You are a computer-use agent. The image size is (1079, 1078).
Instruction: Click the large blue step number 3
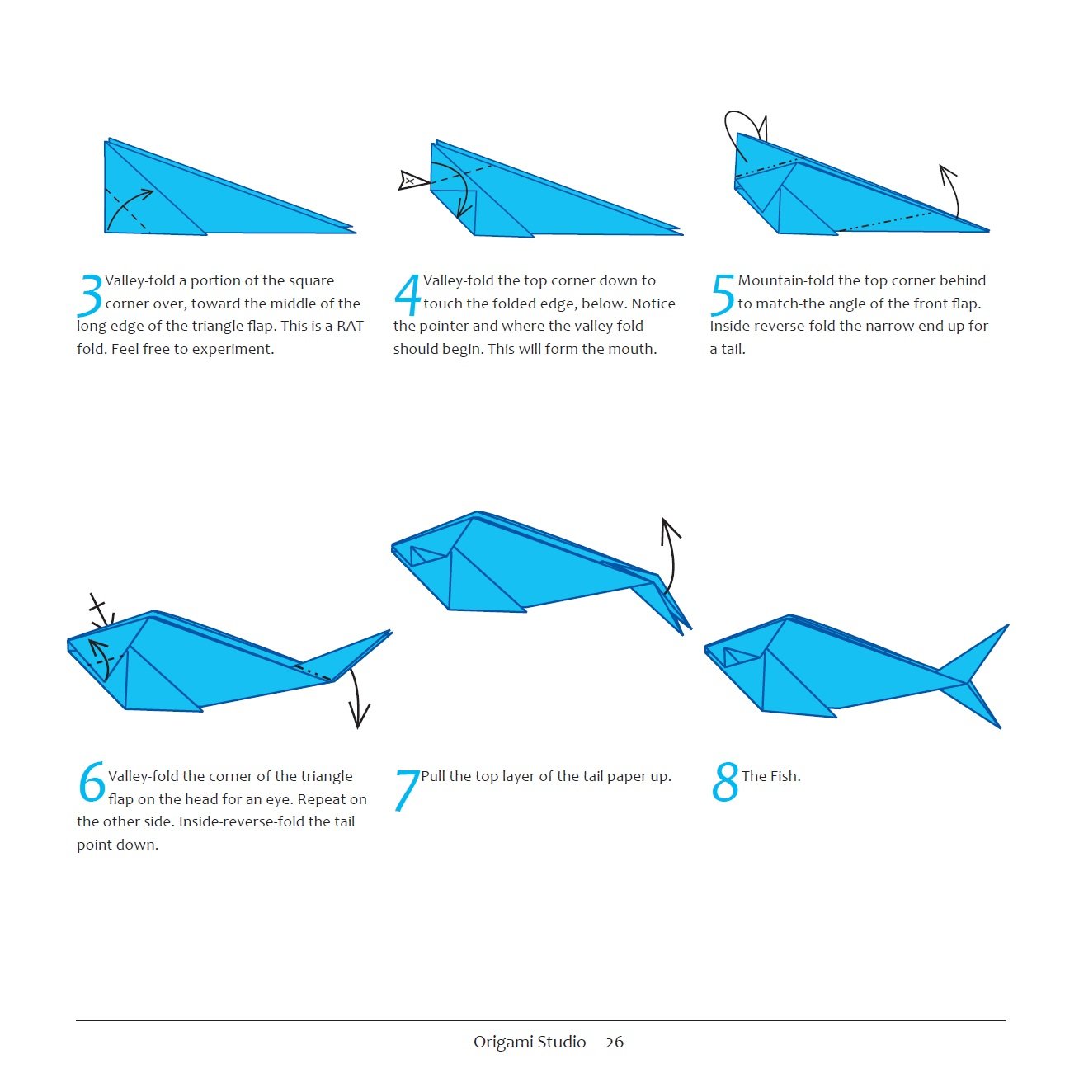pos(89,295)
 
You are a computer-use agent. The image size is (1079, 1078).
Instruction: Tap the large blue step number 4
pos(408,295)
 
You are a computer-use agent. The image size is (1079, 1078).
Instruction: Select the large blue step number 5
pos(722,295)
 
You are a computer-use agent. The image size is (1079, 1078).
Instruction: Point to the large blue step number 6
pos(92,783)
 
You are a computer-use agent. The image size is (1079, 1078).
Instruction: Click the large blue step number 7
pos(407,790)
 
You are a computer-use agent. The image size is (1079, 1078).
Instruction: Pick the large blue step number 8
pos(724,783)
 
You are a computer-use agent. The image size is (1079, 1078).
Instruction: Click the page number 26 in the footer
pos(615,1043)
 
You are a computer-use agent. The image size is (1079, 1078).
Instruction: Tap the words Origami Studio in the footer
pos(529,1043)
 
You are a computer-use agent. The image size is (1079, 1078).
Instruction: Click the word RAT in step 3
pos(350,326)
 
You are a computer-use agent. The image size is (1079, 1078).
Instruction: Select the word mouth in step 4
pos(633,349)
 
